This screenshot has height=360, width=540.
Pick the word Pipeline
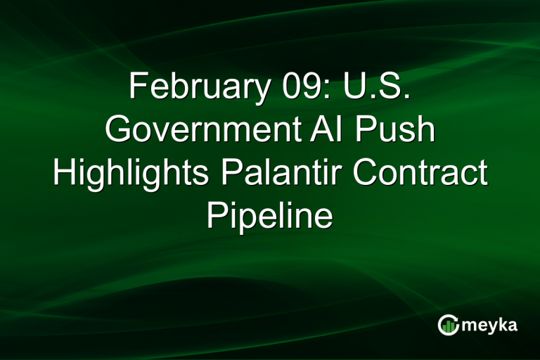point(270,216)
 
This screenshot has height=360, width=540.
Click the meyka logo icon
point(448,325)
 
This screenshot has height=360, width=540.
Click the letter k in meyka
point(503,325)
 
